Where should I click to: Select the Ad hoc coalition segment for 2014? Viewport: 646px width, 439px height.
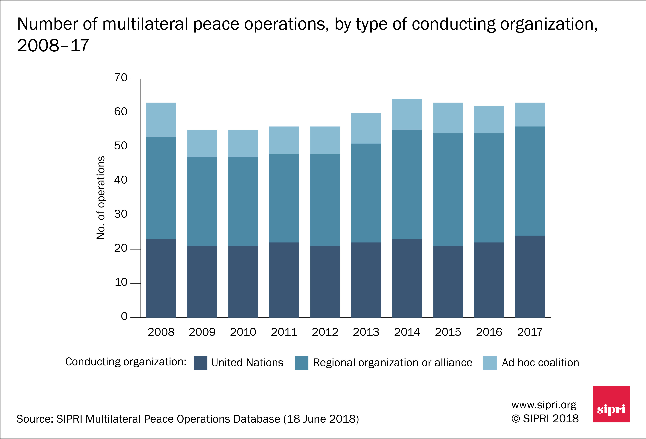point(407,114)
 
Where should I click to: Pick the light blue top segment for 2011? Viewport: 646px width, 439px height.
point(284,140)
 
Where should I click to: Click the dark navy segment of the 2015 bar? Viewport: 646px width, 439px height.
point(448,282)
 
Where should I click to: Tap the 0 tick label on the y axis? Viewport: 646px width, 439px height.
point(124,316)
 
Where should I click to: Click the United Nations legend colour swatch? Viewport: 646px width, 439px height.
point(200,363)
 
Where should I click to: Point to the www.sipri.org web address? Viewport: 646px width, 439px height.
point(544,405)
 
